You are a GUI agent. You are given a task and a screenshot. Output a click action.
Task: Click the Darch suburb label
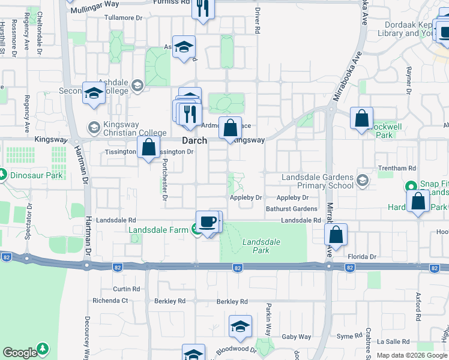(194, 140)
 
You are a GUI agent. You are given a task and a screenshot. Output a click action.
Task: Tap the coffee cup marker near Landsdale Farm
(208, 222)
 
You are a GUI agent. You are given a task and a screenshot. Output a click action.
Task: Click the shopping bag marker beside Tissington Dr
(148, 147)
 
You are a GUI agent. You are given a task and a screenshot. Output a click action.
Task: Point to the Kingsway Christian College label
(130, 128)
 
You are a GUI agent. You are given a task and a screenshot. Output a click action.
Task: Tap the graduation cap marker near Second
(94, 93)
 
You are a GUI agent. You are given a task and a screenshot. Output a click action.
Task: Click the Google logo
(20, 352)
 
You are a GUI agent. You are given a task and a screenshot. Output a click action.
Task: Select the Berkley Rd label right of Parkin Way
(232, 301)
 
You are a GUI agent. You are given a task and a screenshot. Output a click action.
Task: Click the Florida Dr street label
(364, 256)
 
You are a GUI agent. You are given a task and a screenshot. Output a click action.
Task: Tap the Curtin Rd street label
(126, 289)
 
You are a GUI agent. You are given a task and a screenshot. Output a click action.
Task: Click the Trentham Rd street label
(397, 169)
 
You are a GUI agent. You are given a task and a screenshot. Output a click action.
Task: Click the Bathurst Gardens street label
(292, 209)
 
